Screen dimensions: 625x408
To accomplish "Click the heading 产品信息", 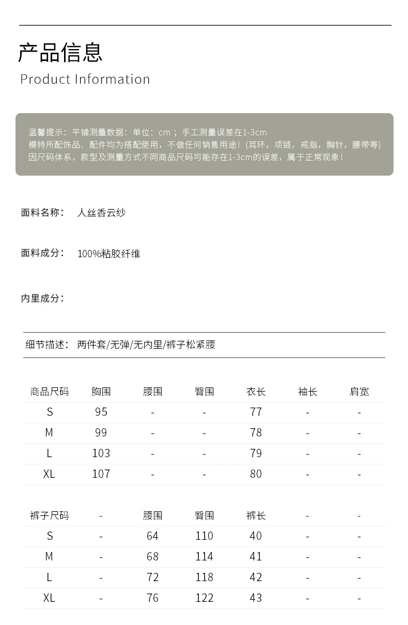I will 60,52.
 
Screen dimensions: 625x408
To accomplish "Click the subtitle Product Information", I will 85,79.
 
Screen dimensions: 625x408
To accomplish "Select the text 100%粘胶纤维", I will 109,254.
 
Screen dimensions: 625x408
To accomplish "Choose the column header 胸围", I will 101,392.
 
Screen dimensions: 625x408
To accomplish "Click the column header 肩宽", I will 359,392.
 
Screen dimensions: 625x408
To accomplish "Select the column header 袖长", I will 307,392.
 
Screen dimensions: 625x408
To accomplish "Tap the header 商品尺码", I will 49,392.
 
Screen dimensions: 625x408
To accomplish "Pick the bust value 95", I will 101,412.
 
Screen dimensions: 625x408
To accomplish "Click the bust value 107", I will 101,474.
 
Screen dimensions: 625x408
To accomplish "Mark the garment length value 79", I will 256,453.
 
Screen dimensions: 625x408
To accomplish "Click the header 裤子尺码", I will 49,515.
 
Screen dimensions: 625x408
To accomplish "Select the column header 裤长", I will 256,515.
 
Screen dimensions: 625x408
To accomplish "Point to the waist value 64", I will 152,536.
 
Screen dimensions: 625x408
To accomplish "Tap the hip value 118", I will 204,577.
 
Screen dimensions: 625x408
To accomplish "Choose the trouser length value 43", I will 256,598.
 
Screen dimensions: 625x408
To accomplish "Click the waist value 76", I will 152,598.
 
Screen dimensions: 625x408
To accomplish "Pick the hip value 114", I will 204,556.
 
